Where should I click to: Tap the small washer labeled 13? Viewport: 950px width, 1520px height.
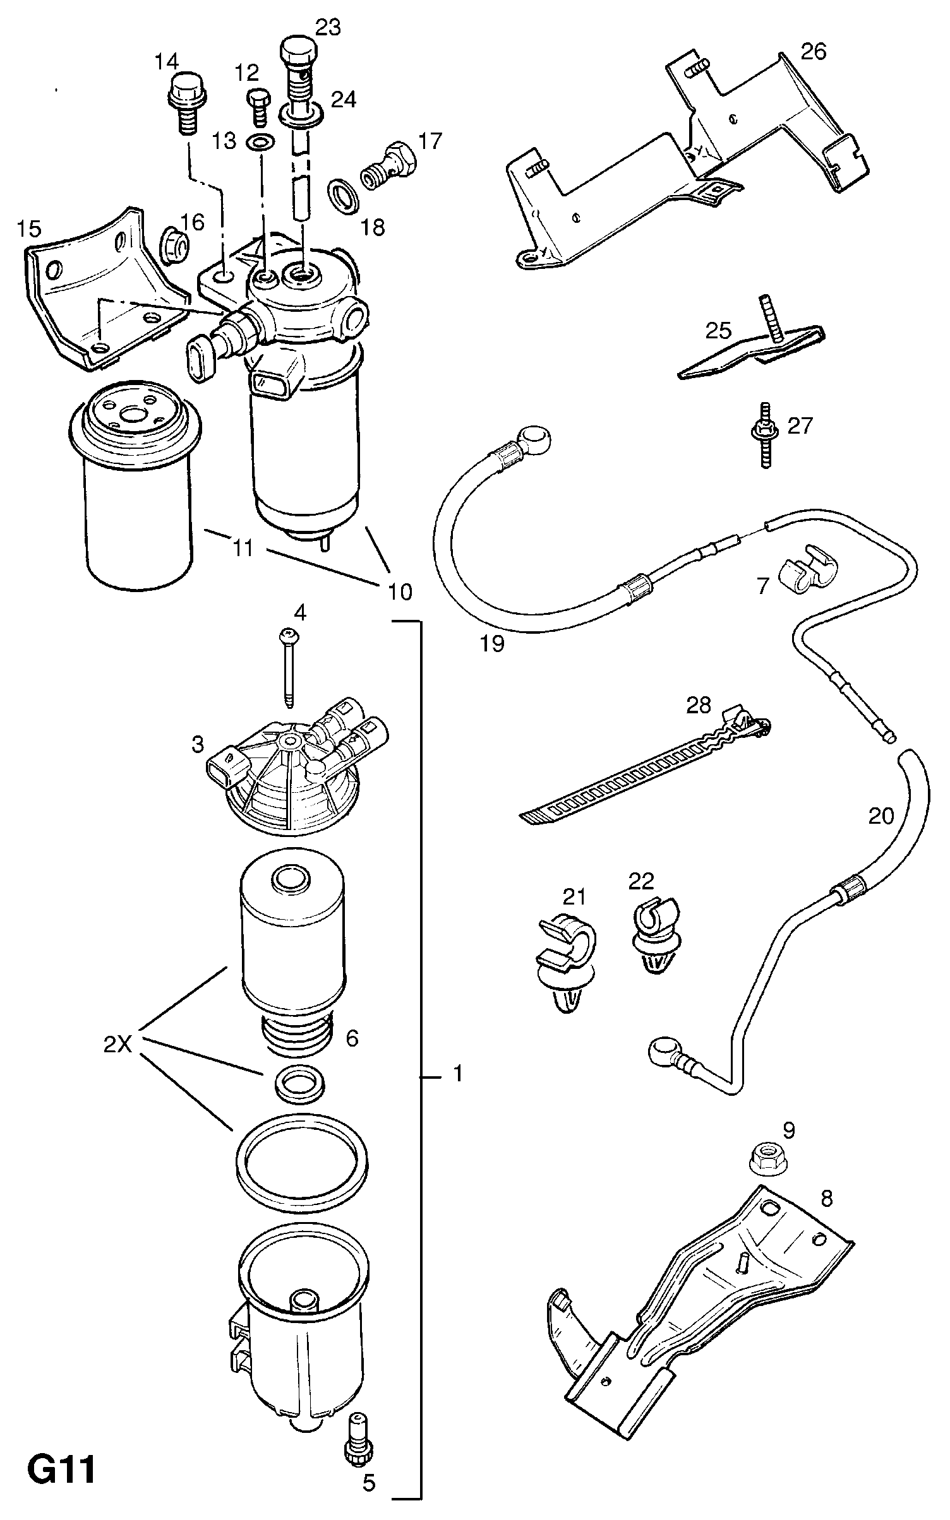click(x=260, y=143)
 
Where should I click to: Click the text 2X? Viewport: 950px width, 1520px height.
click(x=117, y=1046)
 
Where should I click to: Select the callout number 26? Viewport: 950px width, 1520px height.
click(x=814, y=52)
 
